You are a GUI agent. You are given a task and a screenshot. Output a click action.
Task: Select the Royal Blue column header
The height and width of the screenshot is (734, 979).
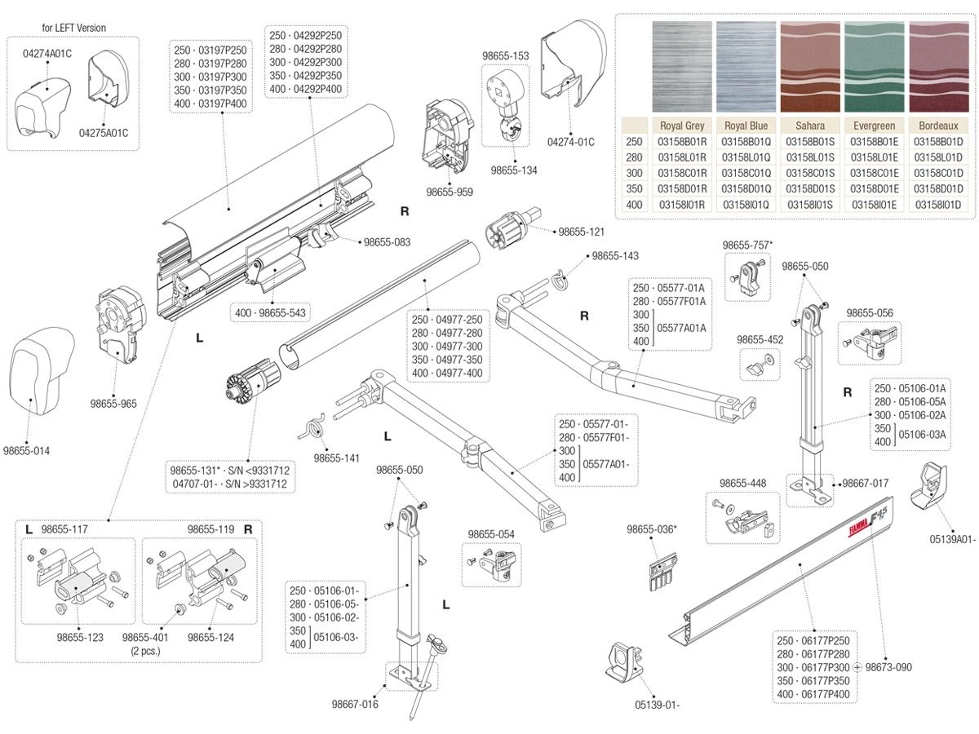[x=746, y=126]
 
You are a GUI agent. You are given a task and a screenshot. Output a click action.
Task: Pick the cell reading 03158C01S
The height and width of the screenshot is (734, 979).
[x=809, y=173]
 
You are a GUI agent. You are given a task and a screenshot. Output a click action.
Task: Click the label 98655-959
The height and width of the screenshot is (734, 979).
[x=450, y=192]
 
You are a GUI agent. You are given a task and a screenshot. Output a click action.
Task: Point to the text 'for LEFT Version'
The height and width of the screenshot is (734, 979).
[x=73, y=28]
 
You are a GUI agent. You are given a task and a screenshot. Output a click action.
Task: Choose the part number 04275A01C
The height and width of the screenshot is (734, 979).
[x=104, y=132]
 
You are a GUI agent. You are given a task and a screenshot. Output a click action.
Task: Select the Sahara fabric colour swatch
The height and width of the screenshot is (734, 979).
[x=809, y=67]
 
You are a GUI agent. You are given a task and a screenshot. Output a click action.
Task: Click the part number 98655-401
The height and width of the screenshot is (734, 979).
[x=145, y=638]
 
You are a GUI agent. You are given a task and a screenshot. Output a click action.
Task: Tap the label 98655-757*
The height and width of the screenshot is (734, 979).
[x=747, y=245]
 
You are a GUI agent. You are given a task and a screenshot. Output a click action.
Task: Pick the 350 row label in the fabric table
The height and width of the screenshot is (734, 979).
[x=634, y=188]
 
